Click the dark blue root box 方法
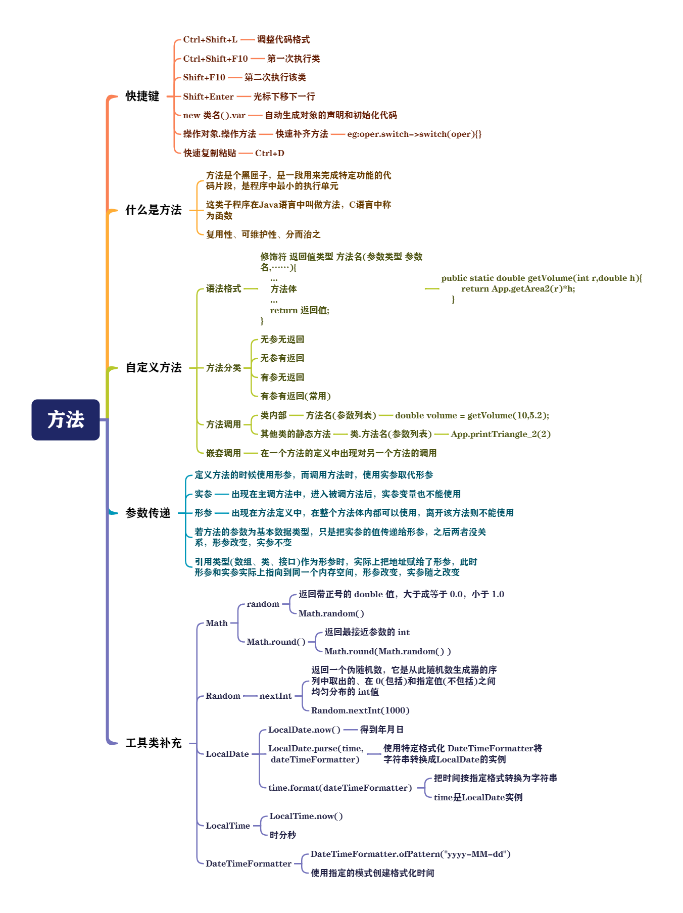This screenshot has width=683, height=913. (x=66, y=419)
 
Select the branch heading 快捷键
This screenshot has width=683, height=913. (x=142, y=96)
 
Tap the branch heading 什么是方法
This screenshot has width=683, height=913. (x=153, y=210)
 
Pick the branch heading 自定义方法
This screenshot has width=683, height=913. (x=153, y=367)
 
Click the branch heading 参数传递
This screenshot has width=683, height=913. (x=148, y=513)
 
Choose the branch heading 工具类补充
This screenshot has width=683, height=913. (x=153, y=743)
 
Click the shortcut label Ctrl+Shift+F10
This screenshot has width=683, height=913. (x=215, y=59)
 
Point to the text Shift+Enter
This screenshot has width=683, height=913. (x=208, y=97)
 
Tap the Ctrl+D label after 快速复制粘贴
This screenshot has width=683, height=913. (x=269, y=153)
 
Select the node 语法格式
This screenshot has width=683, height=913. (x=223, y=289)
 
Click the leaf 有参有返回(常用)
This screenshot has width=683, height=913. (x=295, y=396)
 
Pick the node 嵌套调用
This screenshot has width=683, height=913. (x=223, y=453)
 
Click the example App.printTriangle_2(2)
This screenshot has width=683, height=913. (x=500, y=434)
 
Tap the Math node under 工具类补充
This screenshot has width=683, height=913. (x=216, y=623)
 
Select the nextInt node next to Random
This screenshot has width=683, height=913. (x=275, y=696)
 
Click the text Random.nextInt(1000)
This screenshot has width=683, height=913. (x=360, y=710)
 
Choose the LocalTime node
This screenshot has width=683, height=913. (x=227, y=826)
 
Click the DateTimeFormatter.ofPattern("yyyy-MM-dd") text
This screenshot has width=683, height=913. (x=410, y=854)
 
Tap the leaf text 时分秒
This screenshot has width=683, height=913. (x=282, y=835)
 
